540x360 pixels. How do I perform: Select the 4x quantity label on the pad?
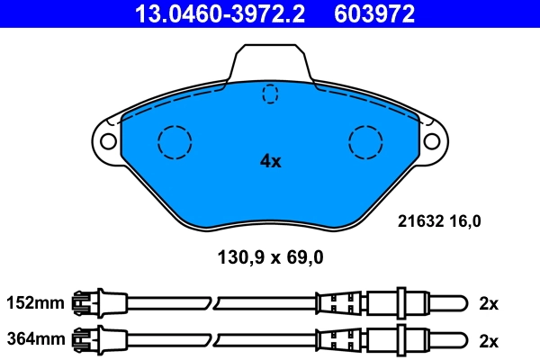coord(270,161)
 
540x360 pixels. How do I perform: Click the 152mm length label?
coord(35,303)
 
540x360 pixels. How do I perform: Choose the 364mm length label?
coord(35,340)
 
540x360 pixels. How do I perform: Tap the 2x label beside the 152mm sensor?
coord(489,303)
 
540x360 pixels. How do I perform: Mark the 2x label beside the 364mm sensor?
coord(489,340)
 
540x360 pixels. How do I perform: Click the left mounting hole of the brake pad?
coord(106,141)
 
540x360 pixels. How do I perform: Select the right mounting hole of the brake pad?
coord(432,141)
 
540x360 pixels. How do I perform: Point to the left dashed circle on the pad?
coord(175,141)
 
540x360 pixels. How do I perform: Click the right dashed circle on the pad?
coord(365,141)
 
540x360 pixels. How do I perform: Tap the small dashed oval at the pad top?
coord(270,93)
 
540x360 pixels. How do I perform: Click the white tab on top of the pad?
coord(270,63)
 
